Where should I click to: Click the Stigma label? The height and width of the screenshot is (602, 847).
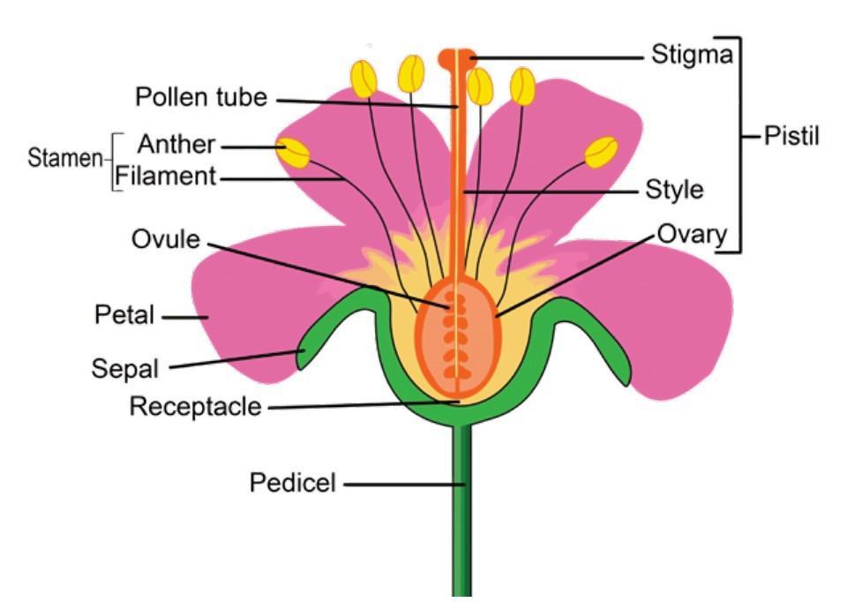[692, 55]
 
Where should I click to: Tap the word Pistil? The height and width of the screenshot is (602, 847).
[791, 137]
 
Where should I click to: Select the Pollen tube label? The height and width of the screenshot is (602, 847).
[201, 96]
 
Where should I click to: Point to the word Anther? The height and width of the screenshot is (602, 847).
[176, 144]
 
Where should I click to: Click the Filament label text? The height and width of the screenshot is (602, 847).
[166, 177]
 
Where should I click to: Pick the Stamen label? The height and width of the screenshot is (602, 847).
[64, 159]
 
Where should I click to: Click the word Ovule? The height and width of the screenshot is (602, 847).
[165, 238]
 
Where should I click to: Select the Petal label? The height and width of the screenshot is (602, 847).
[124, 314]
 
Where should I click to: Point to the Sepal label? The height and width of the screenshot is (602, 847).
[125, 368]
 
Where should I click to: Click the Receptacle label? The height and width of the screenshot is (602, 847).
[195, 407]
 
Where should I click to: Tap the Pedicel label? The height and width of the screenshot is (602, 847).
[293, 483]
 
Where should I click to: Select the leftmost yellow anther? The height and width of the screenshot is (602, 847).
[293, 153]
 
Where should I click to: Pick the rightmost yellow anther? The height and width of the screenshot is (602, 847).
[601, 152]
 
